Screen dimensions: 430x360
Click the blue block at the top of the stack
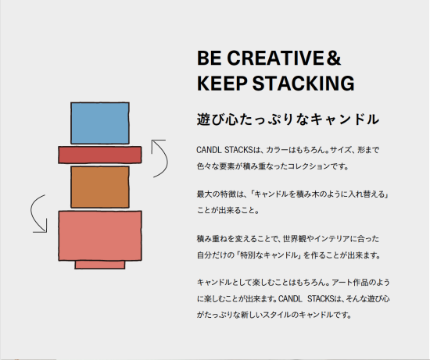pos(100,123)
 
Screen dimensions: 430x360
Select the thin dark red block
pos(100,155)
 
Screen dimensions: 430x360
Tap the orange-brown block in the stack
pos(100,187)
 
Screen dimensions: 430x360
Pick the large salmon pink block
pos(100,236)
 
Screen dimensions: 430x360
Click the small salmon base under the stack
pos(100,265)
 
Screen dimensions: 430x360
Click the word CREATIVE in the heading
pos(275,58)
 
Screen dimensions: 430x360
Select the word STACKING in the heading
pos(303,83)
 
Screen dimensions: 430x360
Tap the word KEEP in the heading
pos(222,83)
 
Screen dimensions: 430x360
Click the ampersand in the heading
pos(334,58)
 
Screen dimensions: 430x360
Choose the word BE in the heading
pos(210,58)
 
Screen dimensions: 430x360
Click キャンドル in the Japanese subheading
pos(345,119)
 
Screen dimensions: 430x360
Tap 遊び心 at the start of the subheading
pos(217,119)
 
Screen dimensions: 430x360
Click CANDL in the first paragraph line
pos(209,150)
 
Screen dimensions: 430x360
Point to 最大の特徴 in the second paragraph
pos(217,194)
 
